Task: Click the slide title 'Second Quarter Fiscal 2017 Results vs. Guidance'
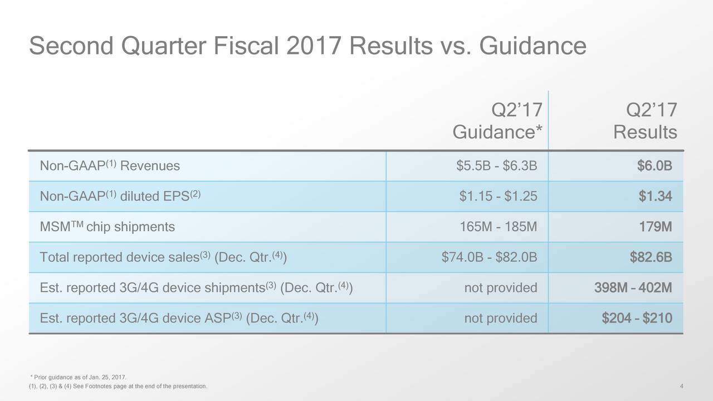click(307, 46)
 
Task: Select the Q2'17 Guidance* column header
click(497, 121)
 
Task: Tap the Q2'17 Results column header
click(645, 121)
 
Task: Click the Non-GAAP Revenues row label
click(110, 165)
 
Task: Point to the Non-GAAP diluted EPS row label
click(120, 195)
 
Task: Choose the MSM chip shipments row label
click(108, 227)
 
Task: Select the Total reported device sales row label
click(163, 257)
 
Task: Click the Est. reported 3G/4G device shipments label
click(196, 287)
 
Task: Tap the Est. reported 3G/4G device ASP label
click(179, 318)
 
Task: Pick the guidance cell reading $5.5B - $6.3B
click(496, 165)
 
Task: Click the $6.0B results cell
click(655, 165)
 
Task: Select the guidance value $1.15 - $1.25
click(498, 196)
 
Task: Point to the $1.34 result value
click(656, 196)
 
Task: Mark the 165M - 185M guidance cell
click(499, 227)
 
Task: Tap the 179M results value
click(656, 227)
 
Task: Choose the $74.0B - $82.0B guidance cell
click(489, 257)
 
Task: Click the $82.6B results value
click(651, 257)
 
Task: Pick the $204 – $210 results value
click(637, 318)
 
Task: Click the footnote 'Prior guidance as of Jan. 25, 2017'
click(79, 377)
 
